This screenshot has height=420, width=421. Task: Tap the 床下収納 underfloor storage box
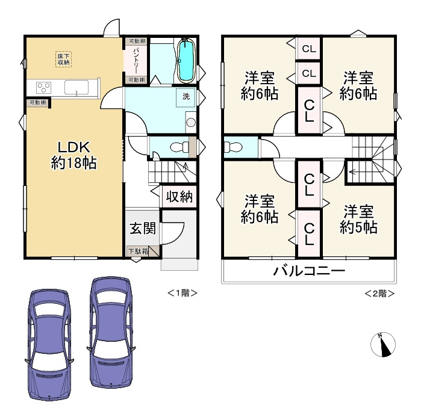pos(63,59)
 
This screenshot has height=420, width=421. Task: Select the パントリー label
pos(136,61)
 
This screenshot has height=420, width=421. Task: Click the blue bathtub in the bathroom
pos(186,60)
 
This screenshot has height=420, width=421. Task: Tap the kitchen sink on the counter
pos(78,88)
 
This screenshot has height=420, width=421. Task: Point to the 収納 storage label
pos(179,197)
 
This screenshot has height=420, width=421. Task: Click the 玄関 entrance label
pos(143,228)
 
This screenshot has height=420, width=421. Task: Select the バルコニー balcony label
pos(309,271)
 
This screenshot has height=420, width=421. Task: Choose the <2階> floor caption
pos(379,293)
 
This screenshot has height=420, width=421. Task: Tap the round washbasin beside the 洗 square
pos(190,123)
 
